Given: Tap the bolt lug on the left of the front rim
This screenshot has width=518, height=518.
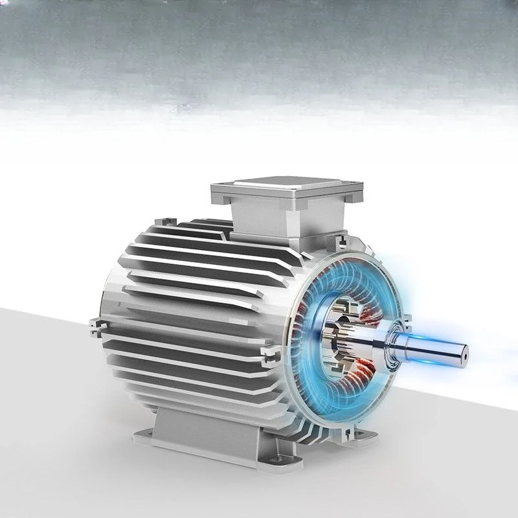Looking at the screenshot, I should pyautogui.click(x=267, y=353).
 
